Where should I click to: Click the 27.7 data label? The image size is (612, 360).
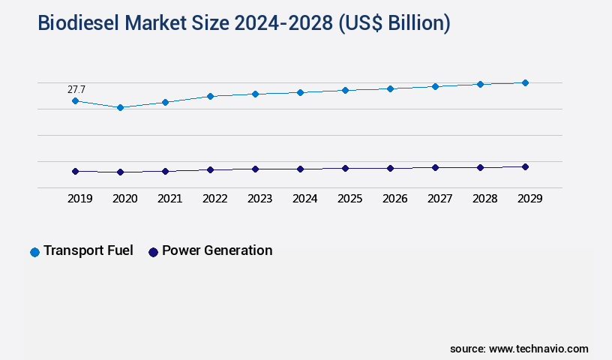(76, 90)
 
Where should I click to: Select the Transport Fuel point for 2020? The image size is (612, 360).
(120, 107)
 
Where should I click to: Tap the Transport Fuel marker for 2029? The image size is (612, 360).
(525, 82)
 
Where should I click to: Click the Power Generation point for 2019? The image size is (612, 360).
(75, 171)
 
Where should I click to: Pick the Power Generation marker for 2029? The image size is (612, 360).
(525, 166)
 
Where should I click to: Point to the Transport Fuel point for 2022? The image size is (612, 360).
(210, 96)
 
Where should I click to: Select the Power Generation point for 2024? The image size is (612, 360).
(300, 169)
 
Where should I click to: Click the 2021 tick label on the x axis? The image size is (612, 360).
(169, 199)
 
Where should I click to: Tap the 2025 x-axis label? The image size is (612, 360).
(349, 199)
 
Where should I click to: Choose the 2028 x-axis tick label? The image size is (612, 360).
(484, 199)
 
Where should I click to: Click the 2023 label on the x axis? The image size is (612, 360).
(259, 199)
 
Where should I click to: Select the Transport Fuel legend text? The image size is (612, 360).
(88, 250)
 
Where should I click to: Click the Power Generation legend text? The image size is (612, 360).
(217, 250)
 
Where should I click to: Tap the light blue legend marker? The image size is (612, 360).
(34, 252)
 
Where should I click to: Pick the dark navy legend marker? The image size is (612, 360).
(153, 252)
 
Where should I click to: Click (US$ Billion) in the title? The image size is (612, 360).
(394, 24)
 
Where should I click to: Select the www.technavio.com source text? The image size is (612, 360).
(538, 349)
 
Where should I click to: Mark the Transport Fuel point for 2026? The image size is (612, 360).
(390, 88)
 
